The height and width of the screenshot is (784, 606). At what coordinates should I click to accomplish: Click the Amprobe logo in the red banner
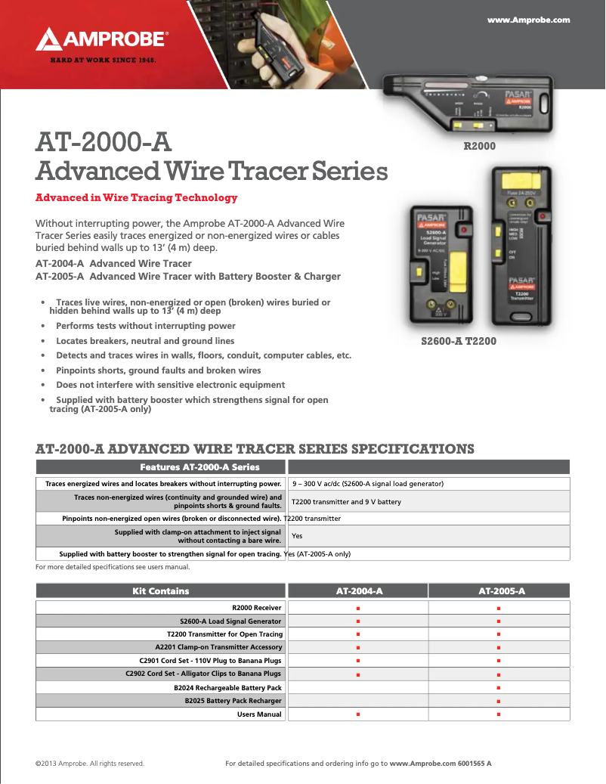(102, 39)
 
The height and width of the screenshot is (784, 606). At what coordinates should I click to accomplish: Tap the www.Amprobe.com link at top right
(528, 20)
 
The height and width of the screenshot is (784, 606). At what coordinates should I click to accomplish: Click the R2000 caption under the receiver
(479, 146)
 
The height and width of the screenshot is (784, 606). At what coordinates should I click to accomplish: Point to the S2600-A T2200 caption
(458, 342)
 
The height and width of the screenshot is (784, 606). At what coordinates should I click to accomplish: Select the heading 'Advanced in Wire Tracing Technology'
(137, 198)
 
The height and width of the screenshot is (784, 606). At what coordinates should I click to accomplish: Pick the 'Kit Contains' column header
(161, 591)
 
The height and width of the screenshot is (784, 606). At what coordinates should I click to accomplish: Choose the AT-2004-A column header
(357, 591)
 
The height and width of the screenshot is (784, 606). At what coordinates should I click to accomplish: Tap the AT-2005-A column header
(501, 591)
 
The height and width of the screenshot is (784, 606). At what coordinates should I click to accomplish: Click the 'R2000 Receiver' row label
(257, 607)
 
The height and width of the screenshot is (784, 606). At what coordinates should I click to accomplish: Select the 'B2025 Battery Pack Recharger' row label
(233, 701)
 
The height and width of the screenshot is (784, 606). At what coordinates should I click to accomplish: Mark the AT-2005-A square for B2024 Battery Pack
(499, 688)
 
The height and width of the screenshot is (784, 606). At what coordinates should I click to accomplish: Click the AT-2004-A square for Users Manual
(357, 714)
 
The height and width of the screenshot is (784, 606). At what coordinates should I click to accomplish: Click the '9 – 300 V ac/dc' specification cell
(367, 484)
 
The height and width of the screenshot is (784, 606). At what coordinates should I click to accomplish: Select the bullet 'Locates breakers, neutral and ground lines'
(145, 341)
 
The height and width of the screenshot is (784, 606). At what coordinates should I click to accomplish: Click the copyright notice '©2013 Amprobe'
(90, 764)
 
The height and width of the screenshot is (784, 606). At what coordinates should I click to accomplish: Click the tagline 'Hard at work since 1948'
(103, 59)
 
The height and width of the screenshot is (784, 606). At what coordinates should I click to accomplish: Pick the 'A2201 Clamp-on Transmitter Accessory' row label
(218, 647)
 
